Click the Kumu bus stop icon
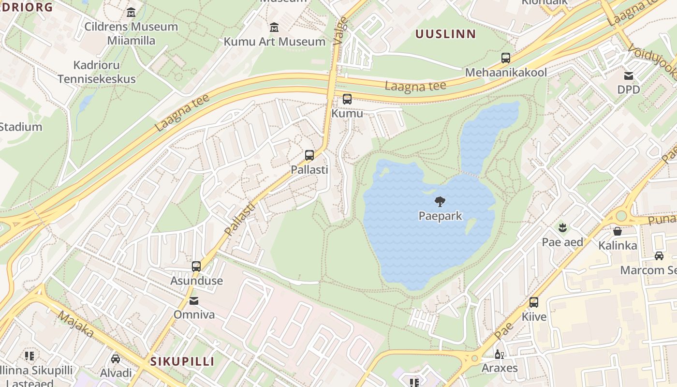click(347, 99)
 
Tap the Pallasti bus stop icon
click(309, 155)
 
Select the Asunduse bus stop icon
click(196, 266)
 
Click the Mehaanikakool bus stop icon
click(506, 58)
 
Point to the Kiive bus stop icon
click(534, 302)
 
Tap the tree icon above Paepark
click(440, 201)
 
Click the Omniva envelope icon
click(194, 301)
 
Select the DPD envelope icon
click(629, 76)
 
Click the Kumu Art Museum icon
click(274, 27)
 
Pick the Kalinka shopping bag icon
click(618, 231)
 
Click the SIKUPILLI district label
click(182, 361)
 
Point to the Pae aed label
click(562, 242)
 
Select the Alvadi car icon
click(116, 358)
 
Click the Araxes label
click(500, 368)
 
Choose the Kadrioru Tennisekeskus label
click(97, 72)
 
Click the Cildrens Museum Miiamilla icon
click(131, 12)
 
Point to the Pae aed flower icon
click(562, 226)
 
